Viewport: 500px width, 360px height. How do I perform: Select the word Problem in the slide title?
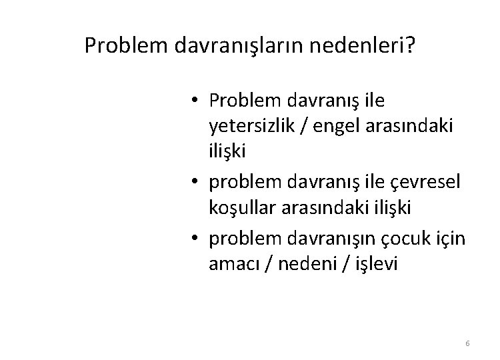pos(127,46)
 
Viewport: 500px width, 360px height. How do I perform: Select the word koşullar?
pos(241,207)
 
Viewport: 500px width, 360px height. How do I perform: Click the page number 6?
pos(467,343)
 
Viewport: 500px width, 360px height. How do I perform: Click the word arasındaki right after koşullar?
pos(313,207)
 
